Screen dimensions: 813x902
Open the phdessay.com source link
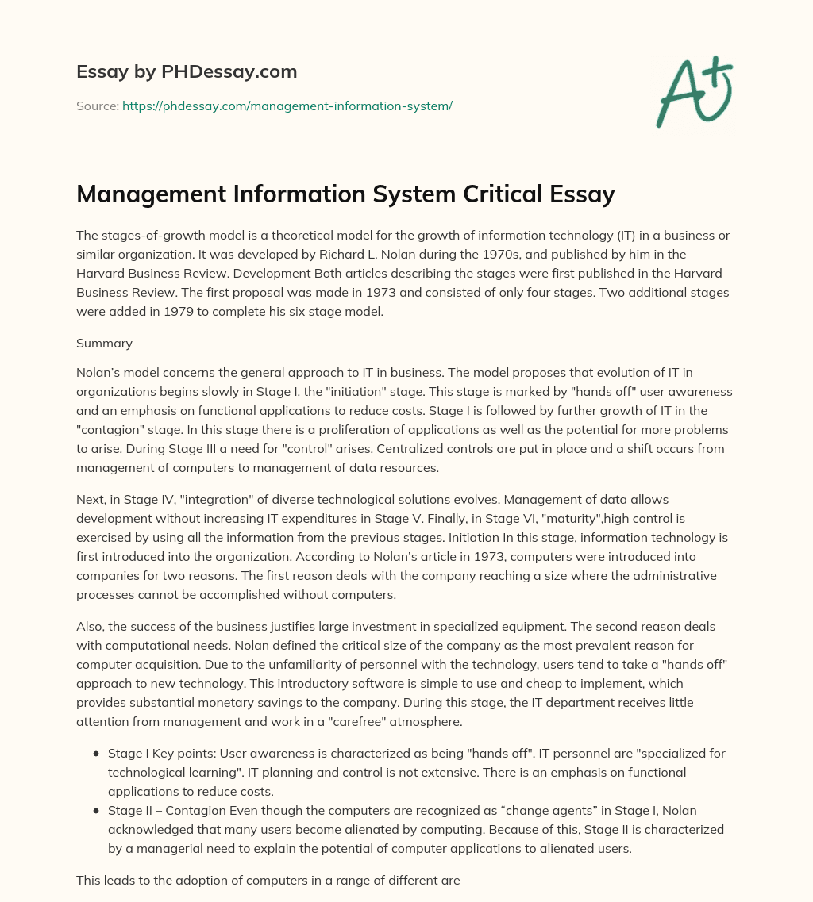[287, 106]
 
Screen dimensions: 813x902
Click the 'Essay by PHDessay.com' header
[187, 71]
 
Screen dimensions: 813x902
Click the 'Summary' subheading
[103, 343]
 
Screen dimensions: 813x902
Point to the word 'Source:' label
[97, 106]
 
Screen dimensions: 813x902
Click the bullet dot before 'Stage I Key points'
[96, 753]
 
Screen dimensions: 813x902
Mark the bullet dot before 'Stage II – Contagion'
[96, 810]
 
